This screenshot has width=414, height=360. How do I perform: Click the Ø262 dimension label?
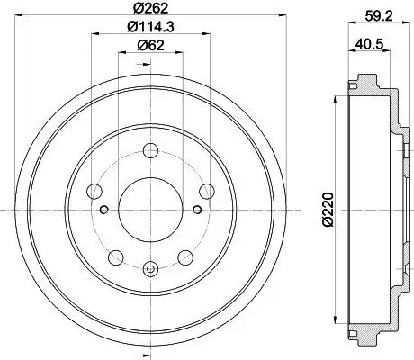point(149,10)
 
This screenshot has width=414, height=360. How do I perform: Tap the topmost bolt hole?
point(149,150)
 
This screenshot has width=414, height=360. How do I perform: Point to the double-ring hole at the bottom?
point(149,267)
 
